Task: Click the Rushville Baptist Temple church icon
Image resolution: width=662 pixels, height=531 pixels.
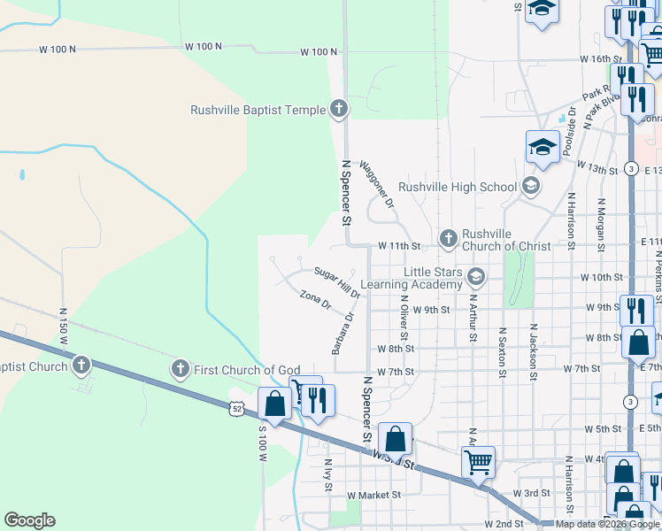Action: [x=337, y=110]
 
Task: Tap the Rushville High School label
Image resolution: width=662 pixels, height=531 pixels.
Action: [x=458, y=187]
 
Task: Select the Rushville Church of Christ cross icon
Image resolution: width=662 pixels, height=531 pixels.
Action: [x=448, y=239]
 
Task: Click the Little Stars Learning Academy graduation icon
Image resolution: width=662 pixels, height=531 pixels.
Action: [x=475, y=278]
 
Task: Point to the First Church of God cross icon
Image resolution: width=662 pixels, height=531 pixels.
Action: [x=180, y=368]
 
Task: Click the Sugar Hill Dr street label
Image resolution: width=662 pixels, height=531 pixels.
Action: [x=337, y=281]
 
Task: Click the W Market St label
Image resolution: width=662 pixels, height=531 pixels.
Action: [x=374, y=495]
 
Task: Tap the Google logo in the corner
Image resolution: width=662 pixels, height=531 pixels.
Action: [x=29, y=519]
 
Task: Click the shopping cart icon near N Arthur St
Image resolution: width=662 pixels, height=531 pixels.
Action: [x=478, y=461]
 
